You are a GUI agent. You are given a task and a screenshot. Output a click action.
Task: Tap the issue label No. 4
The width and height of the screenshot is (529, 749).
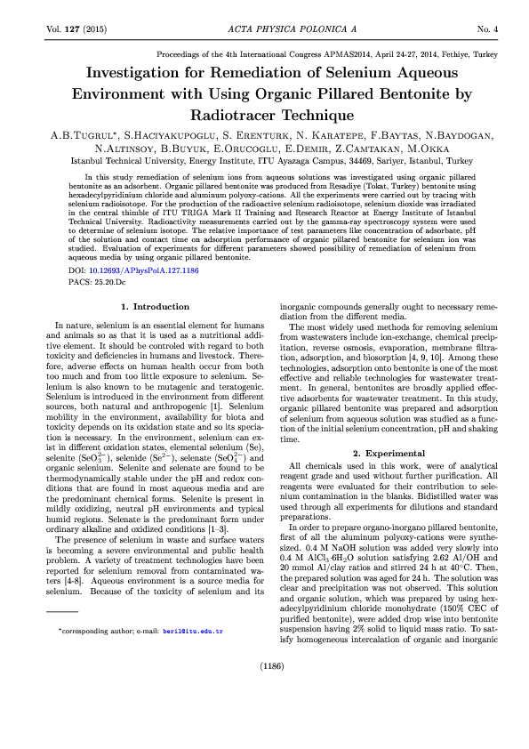click(x=487, y=30)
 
